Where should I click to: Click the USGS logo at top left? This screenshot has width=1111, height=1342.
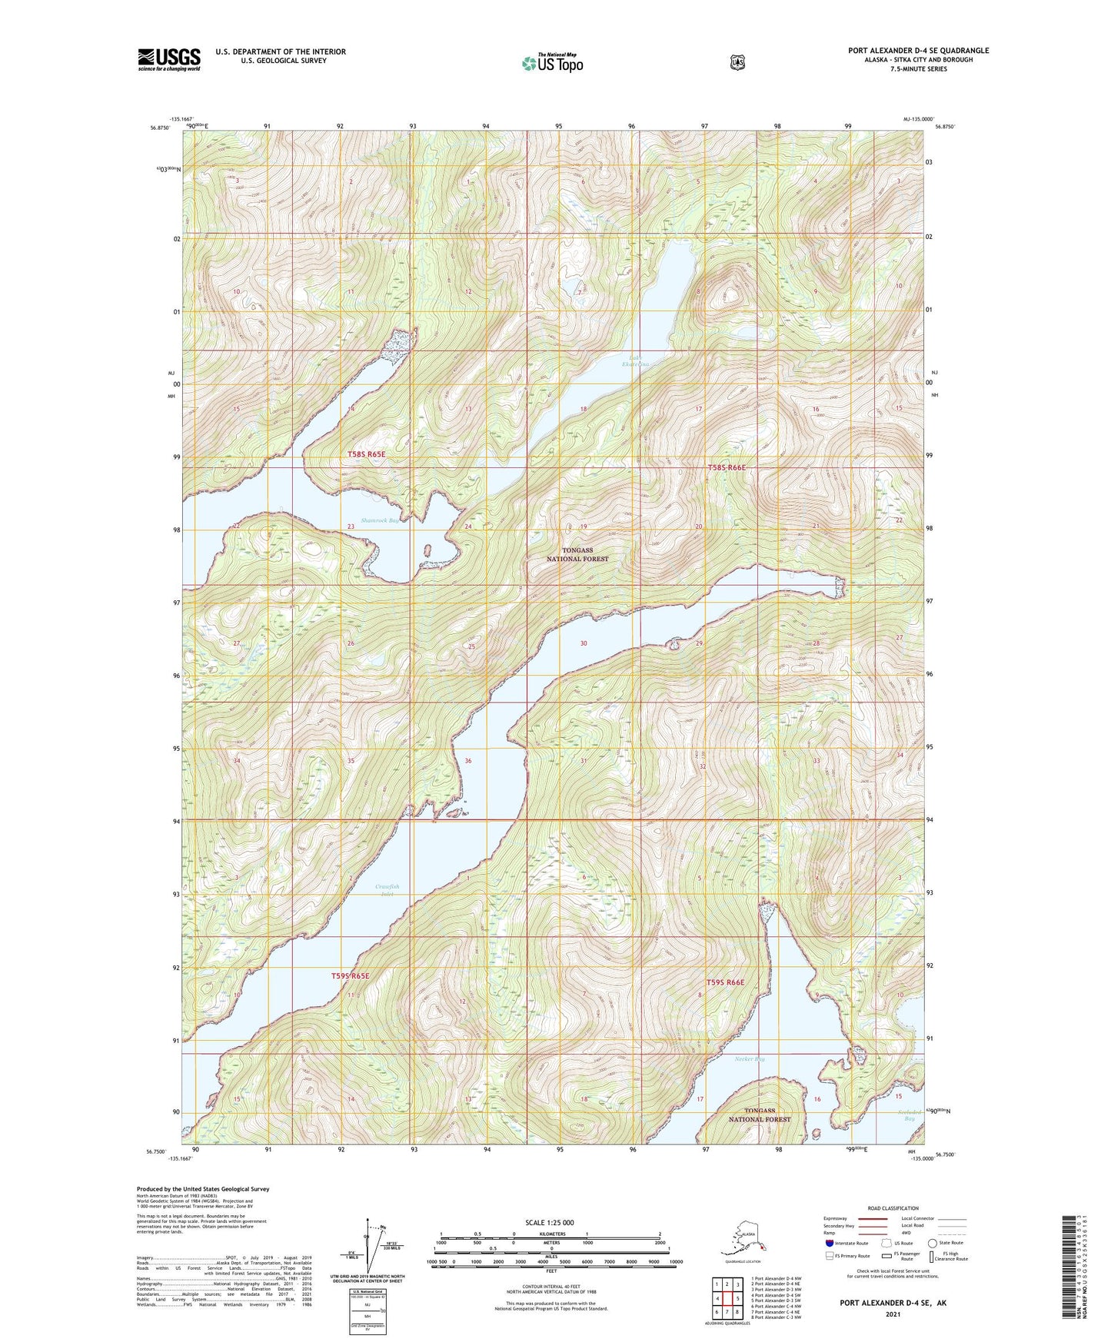pyautogui.click(x=169, y=59)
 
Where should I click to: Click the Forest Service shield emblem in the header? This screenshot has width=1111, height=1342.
pyautogui.click(x=737, y=62)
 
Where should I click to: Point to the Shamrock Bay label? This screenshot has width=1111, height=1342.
pyautogui.click(x=381, y=520)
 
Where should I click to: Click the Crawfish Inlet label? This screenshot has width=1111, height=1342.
pyautogui.click(x=387, y=891)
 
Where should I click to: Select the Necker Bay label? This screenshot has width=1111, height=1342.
pyautogui.click(x=750, y=1059)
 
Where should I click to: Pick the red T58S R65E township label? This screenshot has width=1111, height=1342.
pyautogui.click(x=366, y=455)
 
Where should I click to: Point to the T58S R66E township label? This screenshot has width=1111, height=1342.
pyautogui.click(x=727, y=467)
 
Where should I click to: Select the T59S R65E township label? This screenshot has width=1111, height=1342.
pyautogui.click(x=350, y=976)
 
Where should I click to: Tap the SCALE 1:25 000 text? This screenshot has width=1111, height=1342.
pyautogui.click(x=549, y=1222)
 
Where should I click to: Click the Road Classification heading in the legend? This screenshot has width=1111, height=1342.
pyautogui.click(x=892, y=1208)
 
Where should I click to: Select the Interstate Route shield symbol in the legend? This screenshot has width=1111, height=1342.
pyautogui.click(x=829, y=1242)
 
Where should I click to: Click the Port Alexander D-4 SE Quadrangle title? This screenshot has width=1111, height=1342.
pyautogui.click(x=918, y=51)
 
